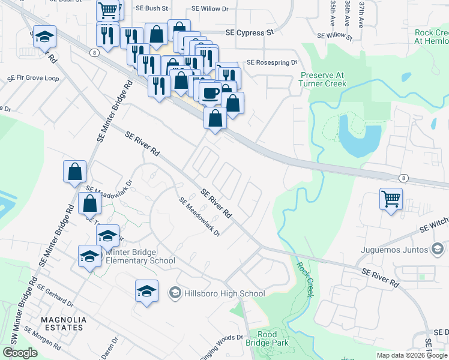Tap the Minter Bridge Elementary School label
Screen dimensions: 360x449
[140, 256]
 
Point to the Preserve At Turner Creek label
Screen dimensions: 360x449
[323, 79]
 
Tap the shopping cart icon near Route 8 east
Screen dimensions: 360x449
[391, 198]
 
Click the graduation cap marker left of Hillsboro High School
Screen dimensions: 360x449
[146, 292]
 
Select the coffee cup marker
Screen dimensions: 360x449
[210, 93]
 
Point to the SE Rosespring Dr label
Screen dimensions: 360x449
[272, 62]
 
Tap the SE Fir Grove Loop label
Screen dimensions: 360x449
[33, 78]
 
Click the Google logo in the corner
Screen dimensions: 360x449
[20, 353]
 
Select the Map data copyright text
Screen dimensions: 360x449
[411, 355]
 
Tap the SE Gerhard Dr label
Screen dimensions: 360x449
[55, 296]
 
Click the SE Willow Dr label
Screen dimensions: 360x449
[211, 9]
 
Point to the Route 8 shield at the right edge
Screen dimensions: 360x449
[404, 178]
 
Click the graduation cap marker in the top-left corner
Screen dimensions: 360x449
[44, 37]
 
